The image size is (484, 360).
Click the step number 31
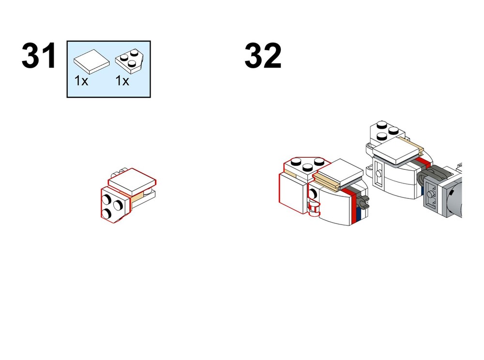pos(39,56)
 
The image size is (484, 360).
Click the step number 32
pos(263,56)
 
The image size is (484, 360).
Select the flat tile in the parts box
pos(91,61)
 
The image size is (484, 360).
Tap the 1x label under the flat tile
pos(81,81)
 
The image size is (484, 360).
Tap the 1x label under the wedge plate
pos(122,81)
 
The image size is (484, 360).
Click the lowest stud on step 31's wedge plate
pos(106,213)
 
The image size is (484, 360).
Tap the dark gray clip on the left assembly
pos(363,202)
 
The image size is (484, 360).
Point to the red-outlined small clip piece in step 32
pos(314,207)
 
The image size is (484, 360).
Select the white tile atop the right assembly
pos(397,150)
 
